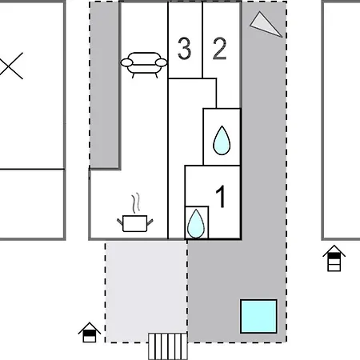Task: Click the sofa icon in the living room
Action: tap(142, 62)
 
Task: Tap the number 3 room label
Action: tap(184, 50)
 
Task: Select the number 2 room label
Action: tap(219, 50)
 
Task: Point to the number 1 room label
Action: tap(222, 196)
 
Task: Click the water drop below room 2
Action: tap(222, 142)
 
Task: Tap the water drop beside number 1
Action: tap(196, 224)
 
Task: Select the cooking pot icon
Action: tap(134, 222)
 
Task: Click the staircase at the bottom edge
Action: tap(168, 347)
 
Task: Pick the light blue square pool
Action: tap(259, 316)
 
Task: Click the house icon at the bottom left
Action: tap(90, 332)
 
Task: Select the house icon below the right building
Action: tap(335, 259)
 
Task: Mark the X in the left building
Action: tap(10, 66)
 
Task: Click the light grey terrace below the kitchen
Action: tap(146, 288)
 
